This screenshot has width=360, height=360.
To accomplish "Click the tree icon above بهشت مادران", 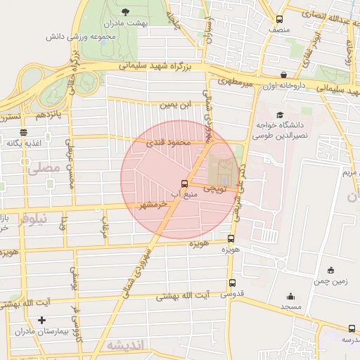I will tap(125, 12).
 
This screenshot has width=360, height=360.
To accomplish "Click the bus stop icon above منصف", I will tap(280, 20).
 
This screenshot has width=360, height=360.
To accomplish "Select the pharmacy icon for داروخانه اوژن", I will tap(283, 75).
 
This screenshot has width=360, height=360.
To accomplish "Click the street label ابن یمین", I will tap(176, 105).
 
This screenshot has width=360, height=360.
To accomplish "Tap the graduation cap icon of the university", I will tap(280, 115).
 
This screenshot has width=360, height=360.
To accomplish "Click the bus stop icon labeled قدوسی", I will tap(231, 283).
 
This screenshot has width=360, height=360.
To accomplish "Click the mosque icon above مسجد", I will tap(290, 297).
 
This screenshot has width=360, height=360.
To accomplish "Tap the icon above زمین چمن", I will tap(330, 270).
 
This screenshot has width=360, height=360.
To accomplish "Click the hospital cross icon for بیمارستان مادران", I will tap(42, 320).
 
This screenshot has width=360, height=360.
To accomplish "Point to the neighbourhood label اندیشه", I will tap(125, 345).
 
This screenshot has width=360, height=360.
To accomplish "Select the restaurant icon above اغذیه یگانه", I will tap(24, 131).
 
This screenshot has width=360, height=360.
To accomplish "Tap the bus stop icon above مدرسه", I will tap(352, 328).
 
